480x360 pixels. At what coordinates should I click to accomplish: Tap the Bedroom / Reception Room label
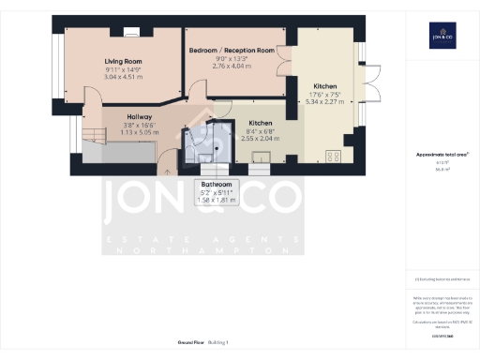click(232, 50)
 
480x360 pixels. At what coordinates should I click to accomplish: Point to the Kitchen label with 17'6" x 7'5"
click(325, 85)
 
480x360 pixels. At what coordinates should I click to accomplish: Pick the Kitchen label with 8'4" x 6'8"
click(260, 123)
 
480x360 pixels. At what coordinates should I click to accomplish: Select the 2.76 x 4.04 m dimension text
click(232, 66)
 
